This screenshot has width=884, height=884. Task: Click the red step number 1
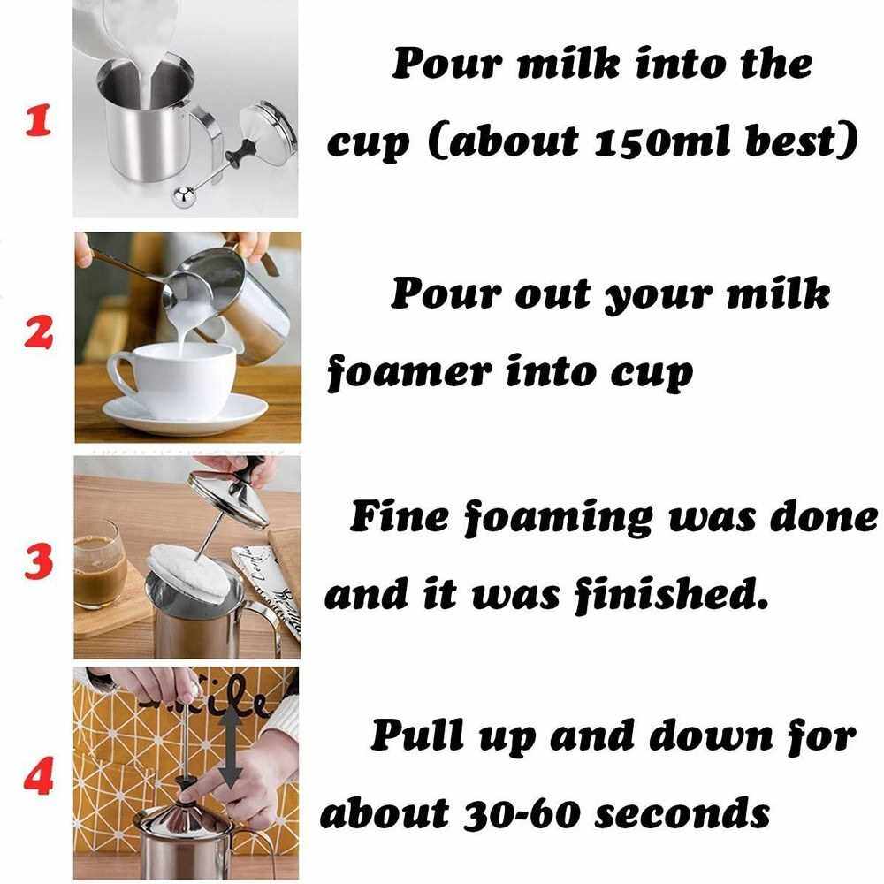pos(38,119)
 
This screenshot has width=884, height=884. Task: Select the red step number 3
pos(38,561)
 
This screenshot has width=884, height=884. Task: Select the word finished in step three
pos(672,594)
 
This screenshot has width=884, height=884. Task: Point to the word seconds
pos(682,813)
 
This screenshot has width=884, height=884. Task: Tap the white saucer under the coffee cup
pos(185,415)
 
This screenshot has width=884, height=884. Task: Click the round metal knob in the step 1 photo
pos(184,197)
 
